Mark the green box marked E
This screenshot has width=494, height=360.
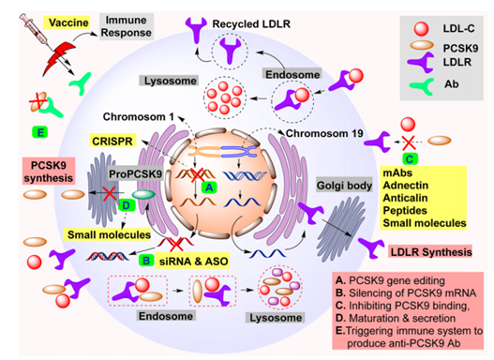point(38,133)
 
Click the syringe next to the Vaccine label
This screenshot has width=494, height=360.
point(23,26)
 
